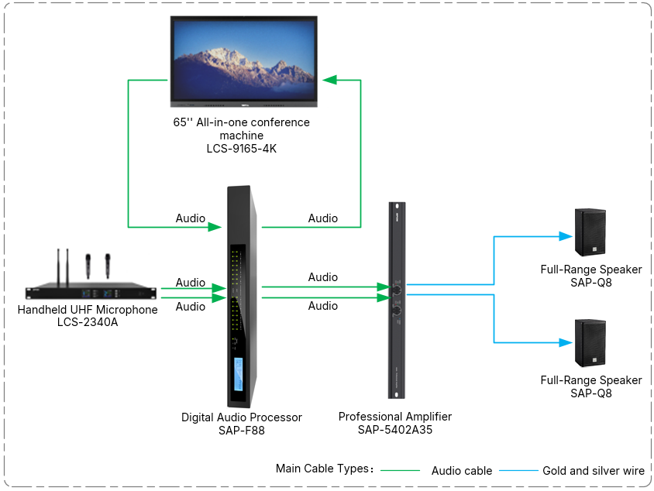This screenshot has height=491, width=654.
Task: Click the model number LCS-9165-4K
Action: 242,149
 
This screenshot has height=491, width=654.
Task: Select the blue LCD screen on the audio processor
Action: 238,374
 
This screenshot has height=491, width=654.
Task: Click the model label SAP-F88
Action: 242,430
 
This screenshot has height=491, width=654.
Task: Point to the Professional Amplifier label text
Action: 395,417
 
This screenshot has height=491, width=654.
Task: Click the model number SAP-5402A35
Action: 395,430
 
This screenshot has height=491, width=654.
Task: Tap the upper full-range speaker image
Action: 590,232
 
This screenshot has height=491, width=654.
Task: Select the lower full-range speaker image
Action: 590,343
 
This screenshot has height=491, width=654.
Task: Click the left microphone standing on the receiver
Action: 88,266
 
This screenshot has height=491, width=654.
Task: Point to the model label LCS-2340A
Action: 88,322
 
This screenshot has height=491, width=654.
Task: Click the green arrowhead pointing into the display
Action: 329,80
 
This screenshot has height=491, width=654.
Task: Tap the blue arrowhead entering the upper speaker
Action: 566,236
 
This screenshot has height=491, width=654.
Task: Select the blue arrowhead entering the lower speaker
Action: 566,342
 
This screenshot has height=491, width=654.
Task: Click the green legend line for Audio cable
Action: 401,471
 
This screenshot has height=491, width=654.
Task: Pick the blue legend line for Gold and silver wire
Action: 519,471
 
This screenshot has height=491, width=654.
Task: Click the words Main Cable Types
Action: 322,469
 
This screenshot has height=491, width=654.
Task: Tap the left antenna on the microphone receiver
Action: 58,268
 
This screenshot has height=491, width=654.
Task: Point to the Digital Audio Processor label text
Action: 242,417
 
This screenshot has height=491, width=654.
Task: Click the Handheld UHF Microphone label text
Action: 88,310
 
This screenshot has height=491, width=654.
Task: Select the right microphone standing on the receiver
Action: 108,266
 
